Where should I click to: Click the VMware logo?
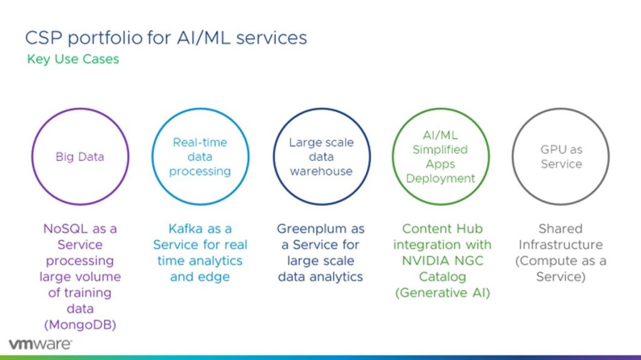40,344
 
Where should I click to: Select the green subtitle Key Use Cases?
73,59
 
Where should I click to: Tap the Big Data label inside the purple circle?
79,157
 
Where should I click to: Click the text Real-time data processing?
200,157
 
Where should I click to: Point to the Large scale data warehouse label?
321,157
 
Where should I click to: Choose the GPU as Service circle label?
561,157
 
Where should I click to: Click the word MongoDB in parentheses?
79,325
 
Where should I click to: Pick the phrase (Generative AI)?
442,292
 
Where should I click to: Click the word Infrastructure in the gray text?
561,245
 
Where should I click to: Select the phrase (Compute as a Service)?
561,269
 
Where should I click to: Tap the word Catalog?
442,277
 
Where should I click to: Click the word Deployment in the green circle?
441,178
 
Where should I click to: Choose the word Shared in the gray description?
561,229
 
